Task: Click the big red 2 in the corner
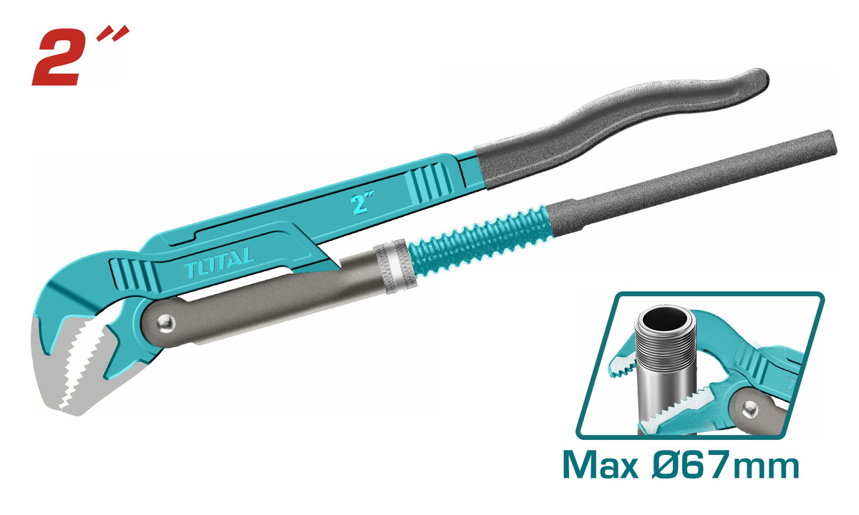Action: point(61,57)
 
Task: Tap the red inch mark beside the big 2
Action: point(113,34)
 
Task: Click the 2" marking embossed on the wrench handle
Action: point(361,202)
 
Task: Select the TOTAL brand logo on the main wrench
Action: point(218,265)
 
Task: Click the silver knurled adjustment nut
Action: point(396,266)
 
